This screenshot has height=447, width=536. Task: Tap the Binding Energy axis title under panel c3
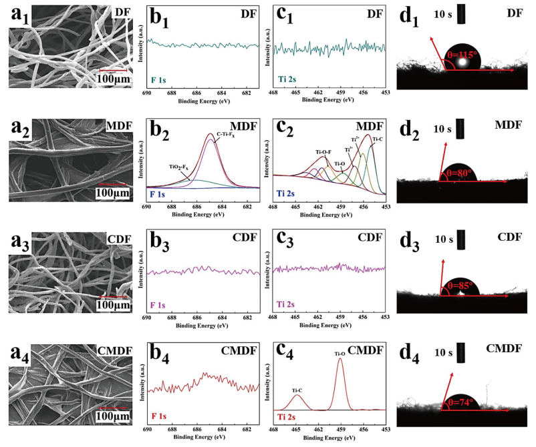click(x=329, y=327)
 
